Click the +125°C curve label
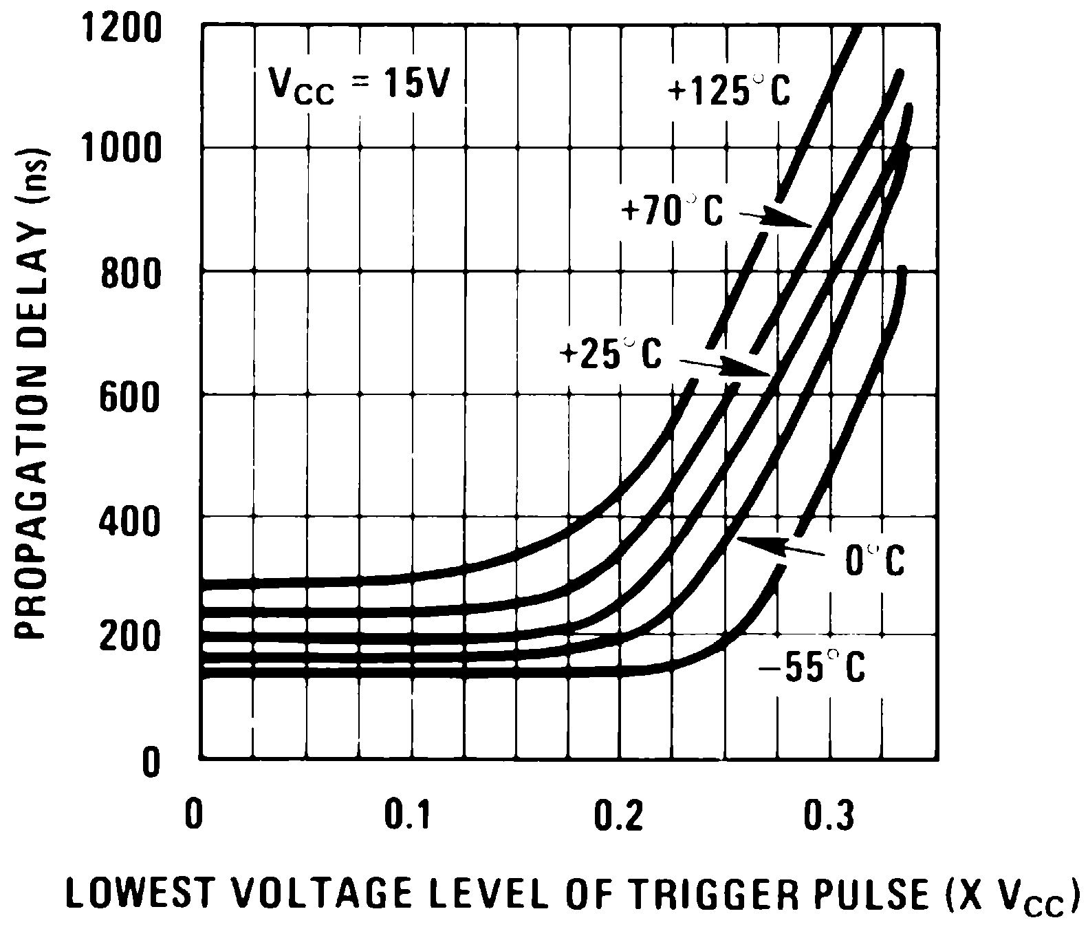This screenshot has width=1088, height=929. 729,91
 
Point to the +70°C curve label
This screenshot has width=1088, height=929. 672,211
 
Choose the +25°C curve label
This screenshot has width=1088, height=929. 610,354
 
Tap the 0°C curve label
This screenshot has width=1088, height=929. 875,560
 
